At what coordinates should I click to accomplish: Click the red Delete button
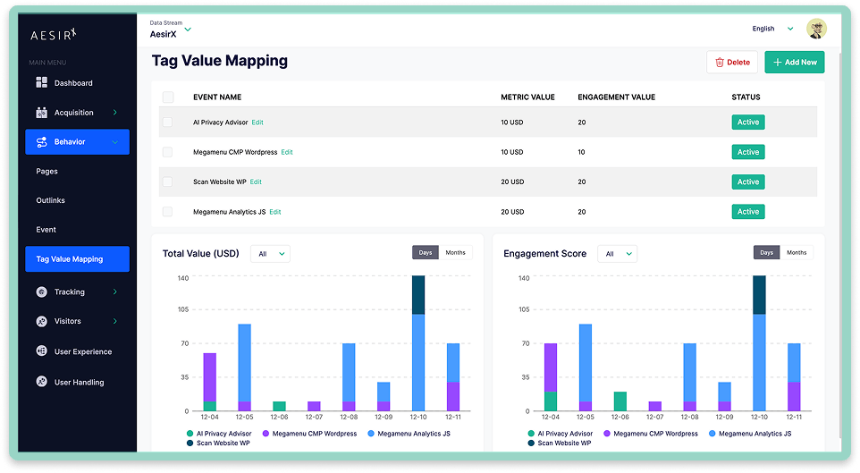[731, 63]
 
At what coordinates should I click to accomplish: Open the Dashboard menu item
[72, 83]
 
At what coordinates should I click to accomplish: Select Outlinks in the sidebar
[50, 200]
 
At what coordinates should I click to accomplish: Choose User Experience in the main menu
[82, 352]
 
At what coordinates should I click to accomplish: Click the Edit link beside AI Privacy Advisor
[257, 122]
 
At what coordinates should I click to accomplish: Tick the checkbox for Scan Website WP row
[167, 182]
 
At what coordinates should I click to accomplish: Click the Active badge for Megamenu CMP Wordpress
[747, 152]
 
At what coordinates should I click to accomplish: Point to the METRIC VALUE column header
[527, 97]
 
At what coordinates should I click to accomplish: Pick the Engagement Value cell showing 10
[581, 152]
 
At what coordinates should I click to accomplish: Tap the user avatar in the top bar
[816, 29]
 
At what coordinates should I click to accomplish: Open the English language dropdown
[772, 29]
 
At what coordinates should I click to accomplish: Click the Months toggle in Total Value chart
[455, 253]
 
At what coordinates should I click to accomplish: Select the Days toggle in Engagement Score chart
[766, 253]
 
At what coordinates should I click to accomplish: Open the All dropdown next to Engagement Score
[617, 254]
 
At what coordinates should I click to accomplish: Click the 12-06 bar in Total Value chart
[279, 406]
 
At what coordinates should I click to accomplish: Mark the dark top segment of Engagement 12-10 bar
[760, 295]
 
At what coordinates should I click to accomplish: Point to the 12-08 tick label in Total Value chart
[349, 418]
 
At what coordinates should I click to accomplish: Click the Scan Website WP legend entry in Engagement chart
[563, 443]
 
